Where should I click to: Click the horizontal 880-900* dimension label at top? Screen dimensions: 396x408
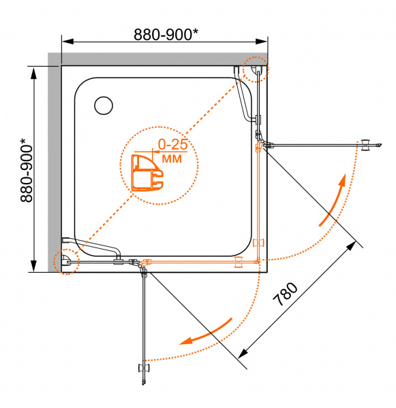coord(166,35)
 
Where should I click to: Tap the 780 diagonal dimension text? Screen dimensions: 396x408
coord(285,294)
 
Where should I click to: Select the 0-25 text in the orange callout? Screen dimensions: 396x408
coord(172,144)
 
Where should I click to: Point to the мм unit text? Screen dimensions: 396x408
coord(172,158)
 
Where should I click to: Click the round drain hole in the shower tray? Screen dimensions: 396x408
coord(104,105)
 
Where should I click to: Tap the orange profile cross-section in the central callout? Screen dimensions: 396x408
coord(147,173)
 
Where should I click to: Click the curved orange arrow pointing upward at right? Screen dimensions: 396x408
coord(333,199)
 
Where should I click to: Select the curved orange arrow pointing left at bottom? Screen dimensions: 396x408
coord(205,333)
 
